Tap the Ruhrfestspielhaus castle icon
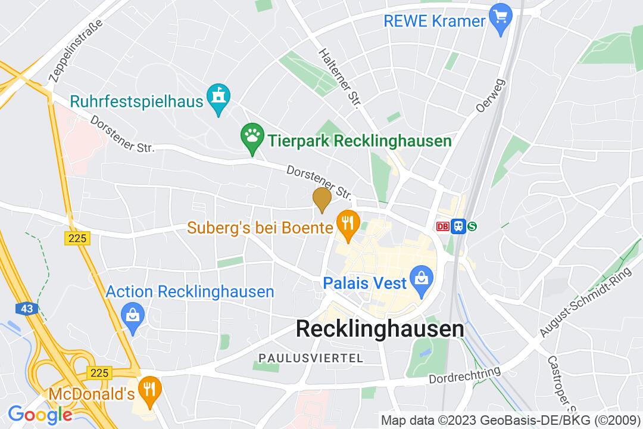tap(218, 95)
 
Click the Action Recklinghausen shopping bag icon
tap(131, 313)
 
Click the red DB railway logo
tap(442, 226)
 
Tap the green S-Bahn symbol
tap(473, 226)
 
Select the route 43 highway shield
tap(26, 309)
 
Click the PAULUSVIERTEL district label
tap(310, 358)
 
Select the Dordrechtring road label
tap(465, 376)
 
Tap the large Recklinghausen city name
tap(380, 329)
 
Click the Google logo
tap(40, 414)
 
